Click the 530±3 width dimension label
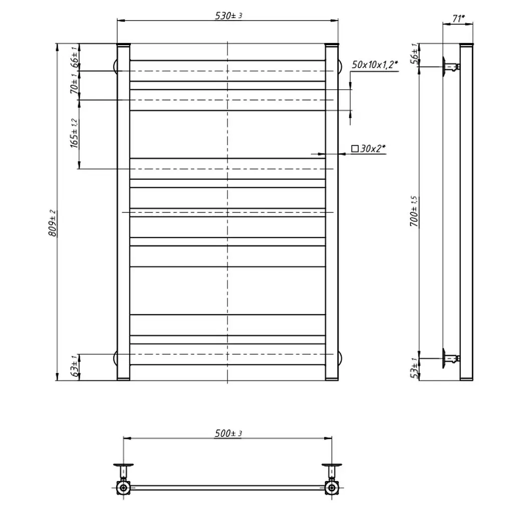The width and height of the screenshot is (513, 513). (x=228, y=16)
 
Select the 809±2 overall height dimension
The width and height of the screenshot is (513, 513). (x=53, y=223)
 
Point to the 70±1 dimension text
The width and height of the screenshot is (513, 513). (x=75, y=83)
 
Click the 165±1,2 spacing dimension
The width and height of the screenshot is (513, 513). (x=75, y=133)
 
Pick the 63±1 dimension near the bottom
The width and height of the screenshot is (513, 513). (x=75, y=366)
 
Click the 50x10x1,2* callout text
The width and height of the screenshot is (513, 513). (x=375, y=65)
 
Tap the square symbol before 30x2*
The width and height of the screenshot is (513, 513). (x=355, y=149)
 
